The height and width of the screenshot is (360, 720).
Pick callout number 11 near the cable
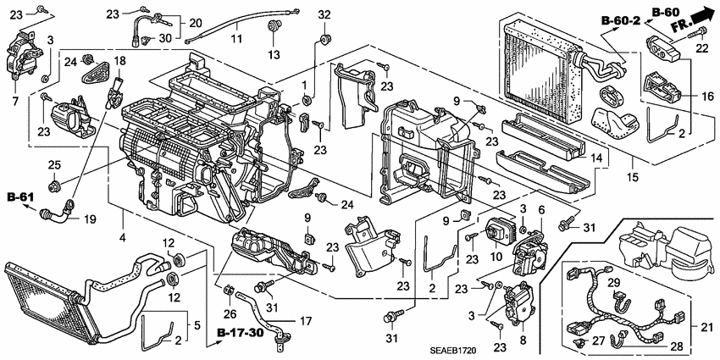coord(239,39)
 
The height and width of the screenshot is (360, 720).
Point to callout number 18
coord(119,60)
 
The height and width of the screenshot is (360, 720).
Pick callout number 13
coord(274,55)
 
